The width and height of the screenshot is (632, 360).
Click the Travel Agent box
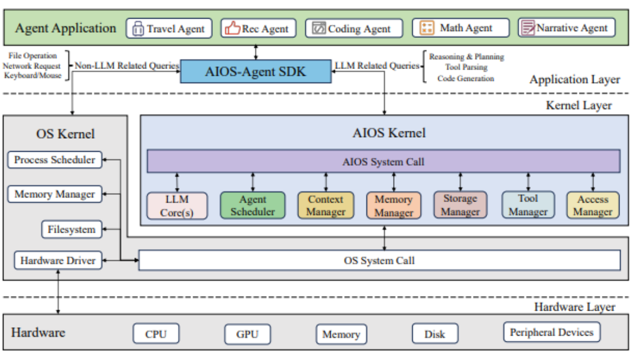point(169,29)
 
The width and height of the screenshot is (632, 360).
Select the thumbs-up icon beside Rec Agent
point(232,28)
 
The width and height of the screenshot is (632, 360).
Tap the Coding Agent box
point(354,29)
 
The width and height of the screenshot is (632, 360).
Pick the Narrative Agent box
point(566,28)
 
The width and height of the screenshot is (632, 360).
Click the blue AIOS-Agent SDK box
point(255,72)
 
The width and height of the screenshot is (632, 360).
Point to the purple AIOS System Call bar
point(383,161)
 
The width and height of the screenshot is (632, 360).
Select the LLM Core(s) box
point(177,206)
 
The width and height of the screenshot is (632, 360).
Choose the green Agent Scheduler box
point(253,205)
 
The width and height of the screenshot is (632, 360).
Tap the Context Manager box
point(326,205)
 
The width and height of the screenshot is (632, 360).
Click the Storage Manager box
point(460,205)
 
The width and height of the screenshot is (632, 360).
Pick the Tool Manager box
point(528,205)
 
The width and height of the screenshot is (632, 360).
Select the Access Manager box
point(592,205)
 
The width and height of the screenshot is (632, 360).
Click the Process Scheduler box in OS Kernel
point(55,160)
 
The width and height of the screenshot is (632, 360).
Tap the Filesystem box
point(72,230)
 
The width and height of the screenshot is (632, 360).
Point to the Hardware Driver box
point(58,260)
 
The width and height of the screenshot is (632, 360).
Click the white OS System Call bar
point(379,260)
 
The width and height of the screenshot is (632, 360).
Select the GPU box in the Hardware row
point(247,334)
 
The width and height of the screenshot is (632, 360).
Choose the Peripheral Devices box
point(552,332)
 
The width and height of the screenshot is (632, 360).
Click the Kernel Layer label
point(579,105)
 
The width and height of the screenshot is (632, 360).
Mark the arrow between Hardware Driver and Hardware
point(58,292)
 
